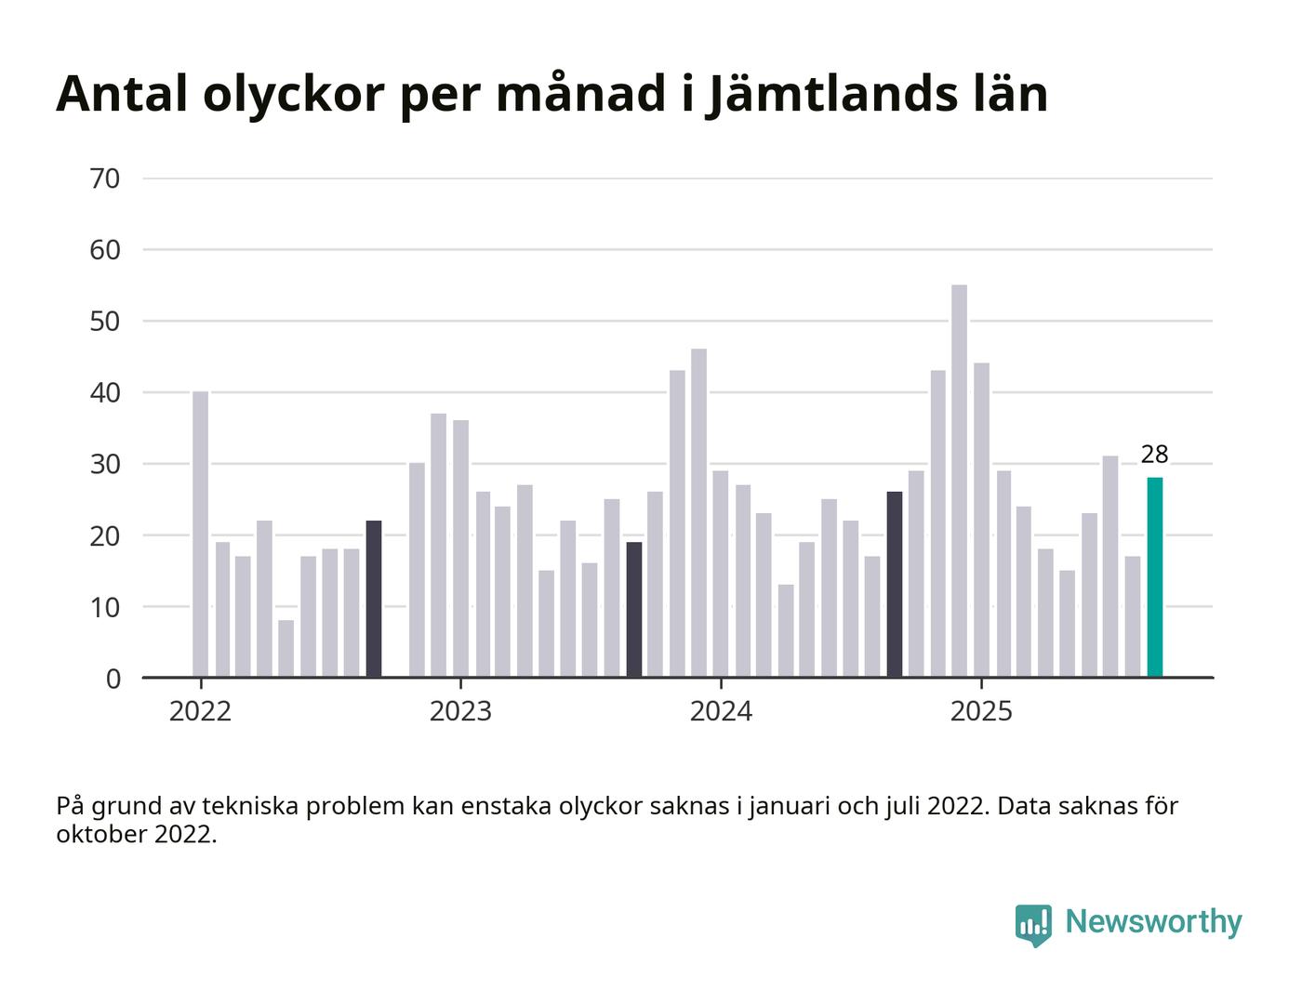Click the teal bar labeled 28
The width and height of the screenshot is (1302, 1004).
pyautogui.click(x=1154, y=577)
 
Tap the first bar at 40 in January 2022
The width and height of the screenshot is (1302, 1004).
pyautogui.click(x=200, y=535)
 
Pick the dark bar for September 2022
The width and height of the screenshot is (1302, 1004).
pyautogui.click(x=373, y=599)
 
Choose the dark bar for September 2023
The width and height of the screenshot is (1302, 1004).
pyautogui.click(x=633, y=610)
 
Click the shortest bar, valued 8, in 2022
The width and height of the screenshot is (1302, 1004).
pyautogui.click(x=286, y=649)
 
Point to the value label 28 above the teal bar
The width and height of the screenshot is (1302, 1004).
pyautogui.click(x=1154, y=455)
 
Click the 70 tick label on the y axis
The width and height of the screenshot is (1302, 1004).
pyautogui.click(x=105, y=178)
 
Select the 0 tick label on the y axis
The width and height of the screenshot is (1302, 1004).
pyautogui.click(x=113, y=679)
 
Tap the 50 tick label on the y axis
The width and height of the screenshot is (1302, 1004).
pyautogui.click(x=105, y=322)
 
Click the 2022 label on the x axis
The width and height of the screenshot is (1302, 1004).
pyautogui.click(x=200, y=712)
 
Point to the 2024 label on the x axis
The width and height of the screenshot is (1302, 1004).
pyautogui.click(x=721, y=712)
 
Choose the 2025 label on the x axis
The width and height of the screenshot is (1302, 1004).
pyautogui.click(x=981, y=712)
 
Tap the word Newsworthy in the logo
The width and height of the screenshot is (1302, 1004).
pyautogui.click(x=1153, y=921)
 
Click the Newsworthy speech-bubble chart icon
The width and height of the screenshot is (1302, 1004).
pyautogui.click(x=1033, y=924)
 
